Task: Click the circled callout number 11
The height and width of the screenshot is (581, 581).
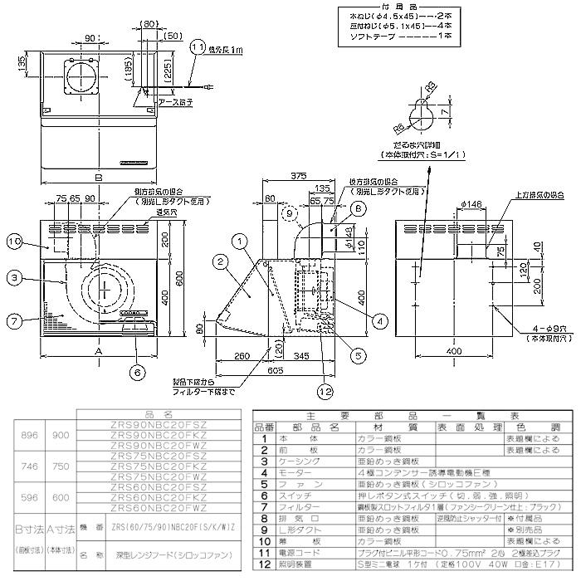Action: click(196, 48)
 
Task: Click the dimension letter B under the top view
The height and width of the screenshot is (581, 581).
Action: click(98, 178)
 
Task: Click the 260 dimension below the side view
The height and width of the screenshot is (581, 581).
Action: click(242, 357)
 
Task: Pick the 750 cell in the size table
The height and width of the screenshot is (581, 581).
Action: click(61, 466)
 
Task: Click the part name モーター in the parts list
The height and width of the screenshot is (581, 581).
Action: click(290, 469)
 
